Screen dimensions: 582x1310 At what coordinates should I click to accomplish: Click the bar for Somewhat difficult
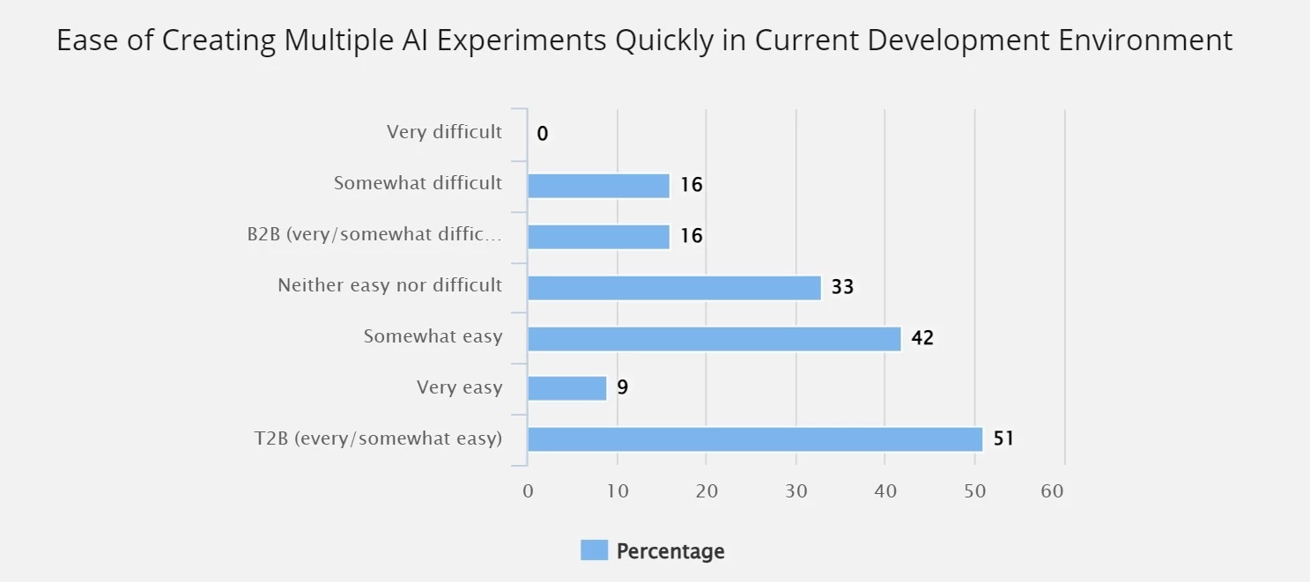pos(598,186)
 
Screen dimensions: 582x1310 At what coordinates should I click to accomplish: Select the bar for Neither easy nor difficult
pos(674,288)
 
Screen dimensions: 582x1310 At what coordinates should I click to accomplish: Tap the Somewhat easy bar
pos(714,339)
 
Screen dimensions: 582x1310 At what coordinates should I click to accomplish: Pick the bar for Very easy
pos(567,388)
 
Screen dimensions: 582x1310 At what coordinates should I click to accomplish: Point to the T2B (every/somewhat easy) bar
pos(754,439)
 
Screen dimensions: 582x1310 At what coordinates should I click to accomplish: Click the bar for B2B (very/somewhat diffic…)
pos(598,237)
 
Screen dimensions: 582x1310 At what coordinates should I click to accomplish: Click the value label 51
pos(1003,438)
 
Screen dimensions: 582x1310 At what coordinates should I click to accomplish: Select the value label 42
pos(922,338)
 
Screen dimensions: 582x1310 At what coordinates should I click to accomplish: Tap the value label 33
pos(842,287)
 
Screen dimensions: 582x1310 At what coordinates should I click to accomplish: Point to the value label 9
pos(622,387)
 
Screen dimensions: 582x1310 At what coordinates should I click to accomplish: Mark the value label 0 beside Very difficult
pos(542,134)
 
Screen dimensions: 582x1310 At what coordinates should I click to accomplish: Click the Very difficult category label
pos(444,132)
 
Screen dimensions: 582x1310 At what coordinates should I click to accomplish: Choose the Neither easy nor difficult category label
pos(389,285)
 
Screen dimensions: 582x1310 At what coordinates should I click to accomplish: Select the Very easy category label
pos(459,387)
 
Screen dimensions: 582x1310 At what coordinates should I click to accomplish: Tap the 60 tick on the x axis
pos(1052,491)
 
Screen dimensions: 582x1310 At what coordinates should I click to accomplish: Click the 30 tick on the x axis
pos(796,491)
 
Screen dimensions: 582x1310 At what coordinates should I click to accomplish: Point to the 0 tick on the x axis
pos(528,491)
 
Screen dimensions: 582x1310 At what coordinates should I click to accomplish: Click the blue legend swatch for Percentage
pos(594,551)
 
